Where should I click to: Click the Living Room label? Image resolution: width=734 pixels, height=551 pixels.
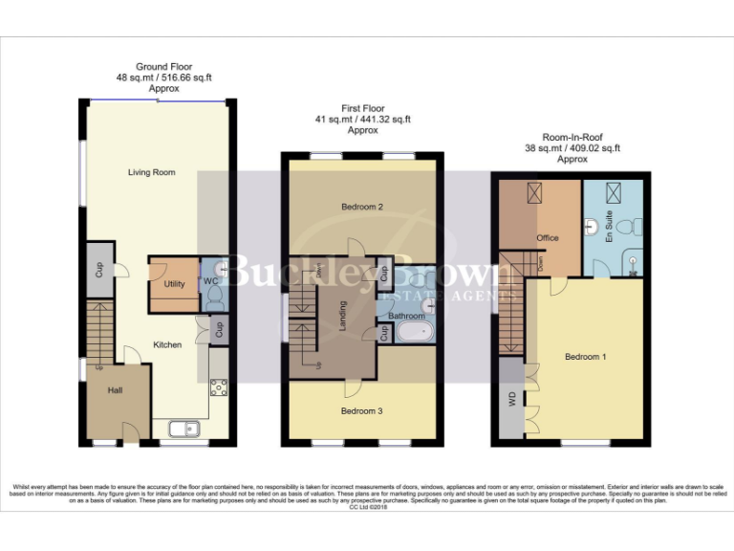[x=152, y=172]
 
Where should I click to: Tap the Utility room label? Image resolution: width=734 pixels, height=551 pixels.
[x=174, y=284]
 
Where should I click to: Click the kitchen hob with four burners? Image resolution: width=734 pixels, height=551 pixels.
[x=218, y=387]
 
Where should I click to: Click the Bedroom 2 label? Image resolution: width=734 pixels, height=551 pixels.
[x=361, y=207]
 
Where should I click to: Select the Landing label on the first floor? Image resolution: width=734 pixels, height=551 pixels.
[x=343, y=316]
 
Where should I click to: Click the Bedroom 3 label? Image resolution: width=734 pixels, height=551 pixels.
[x=361, y=411]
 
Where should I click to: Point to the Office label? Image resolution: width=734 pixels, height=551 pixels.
[x=548, y=238]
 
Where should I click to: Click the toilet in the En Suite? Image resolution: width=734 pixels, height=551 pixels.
[x=626, y=227]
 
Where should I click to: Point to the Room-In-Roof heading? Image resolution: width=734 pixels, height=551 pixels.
[x=571, y=137]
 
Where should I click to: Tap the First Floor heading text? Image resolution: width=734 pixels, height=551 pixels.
[x=362, y=108]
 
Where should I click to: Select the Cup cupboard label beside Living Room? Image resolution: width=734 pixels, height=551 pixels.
[x=98, y=269]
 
